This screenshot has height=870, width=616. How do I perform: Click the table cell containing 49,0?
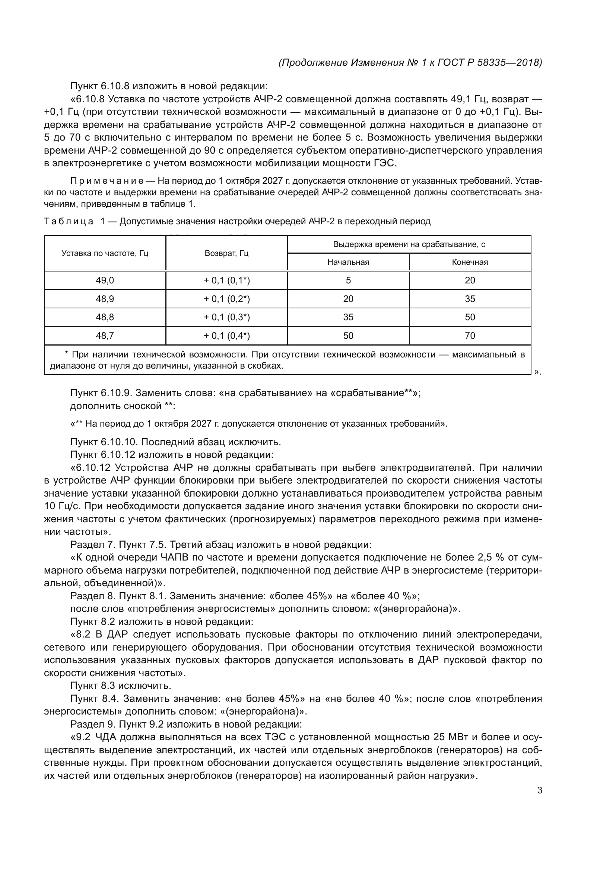pos(105,280)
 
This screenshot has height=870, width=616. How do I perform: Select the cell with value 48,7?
pos(105,336)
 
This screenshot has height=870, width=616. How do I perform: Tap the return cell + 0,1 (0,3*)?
pos(226,317)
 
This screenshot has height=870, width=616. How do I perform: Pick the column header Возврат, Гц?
pos(226,253)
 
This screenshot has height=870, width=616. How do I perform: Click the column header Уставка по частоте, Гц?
pos(105,253)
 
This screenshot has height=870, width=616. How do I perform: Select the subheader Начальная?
pos(348,262)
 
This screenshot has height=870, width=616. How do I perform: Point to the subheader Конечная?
pos(470,262)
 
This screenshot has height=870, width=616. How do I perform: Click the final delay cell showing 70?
pos(470,336)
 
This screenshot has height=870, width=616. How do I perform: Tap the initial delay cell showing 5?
pos(348,280)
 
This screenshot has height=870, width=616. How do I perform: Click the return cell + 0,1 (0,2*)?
pos(226,299)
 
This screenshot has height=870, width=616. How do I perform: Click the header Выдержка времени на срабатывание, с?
pos(409,244)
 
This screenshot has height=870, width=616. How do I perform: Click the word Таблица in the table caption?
pos(69,221)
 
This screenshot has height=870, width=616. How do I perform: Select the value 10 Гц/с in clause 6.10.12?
pos(59,506)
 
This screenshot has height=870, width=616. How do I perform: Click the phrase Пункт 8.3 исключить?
pos(121,686)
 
